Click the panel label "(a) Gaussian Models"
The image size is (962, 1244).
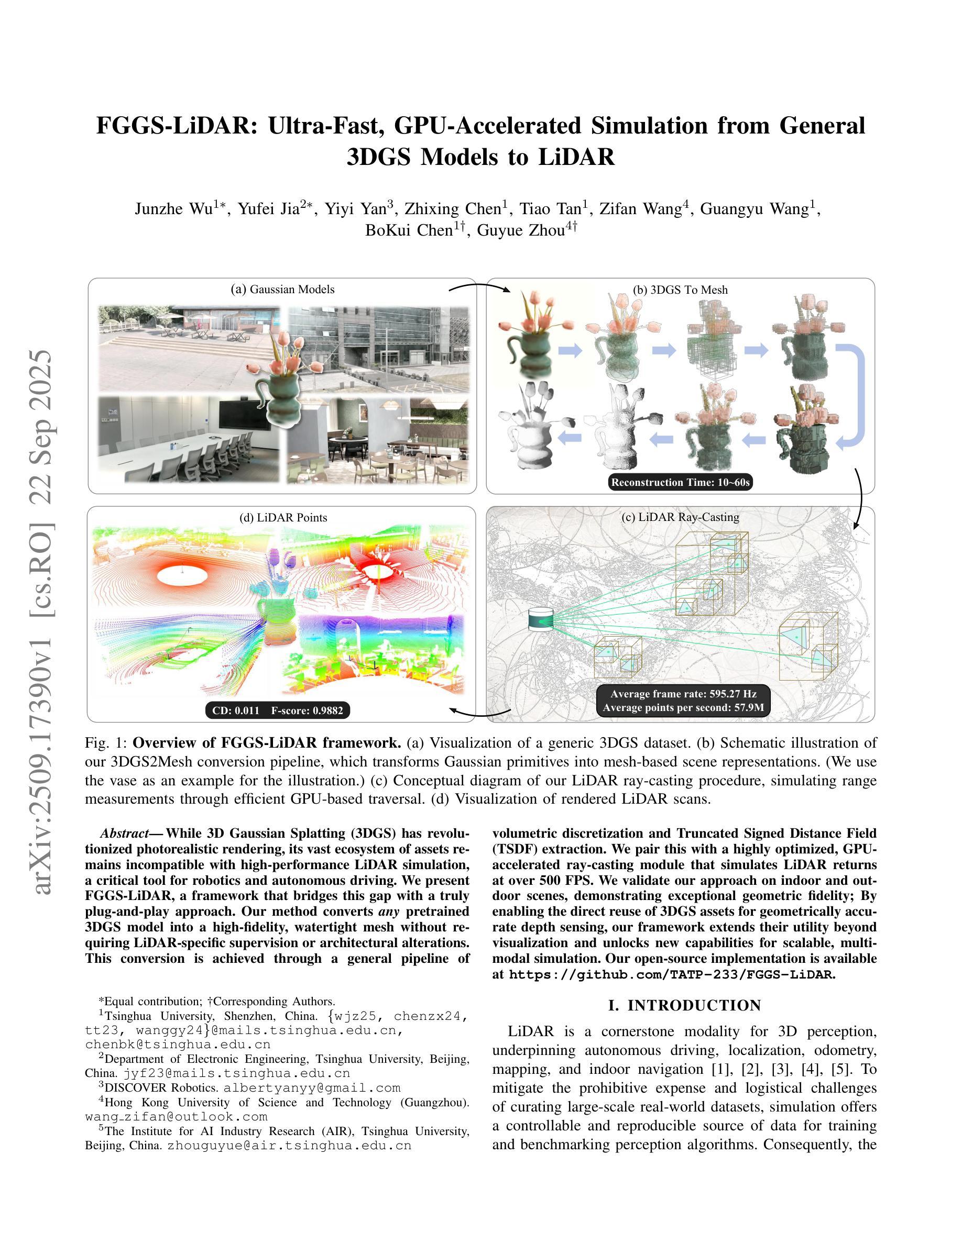(x=282, y=289)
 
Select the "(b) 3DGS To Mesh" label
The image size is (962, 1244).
(x=680, y=290)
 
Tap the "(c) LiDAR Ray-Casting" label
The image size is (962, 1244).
(x=680, y=517)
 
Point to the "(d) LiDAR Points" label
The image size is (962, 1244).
(x=283, y=517)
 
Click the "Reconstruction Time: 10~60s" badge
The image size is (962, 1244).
(x=681, y=482)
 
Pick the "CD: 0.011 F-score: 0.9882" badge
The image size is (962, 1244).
(x=278, y=710)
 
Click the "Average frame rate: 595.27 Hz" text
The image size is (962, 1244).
(x=683, y=694)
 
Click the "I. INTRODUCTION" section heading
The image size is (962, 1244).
(x=684, y=1005)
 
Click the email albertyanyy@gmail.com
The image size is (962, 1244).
(x=312, y=1087)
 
